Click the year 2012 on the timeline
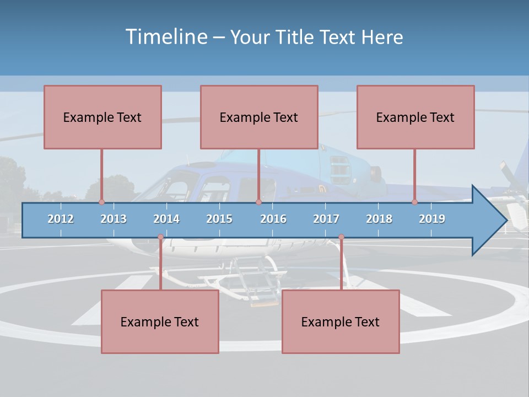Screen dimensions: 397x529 point(61,219)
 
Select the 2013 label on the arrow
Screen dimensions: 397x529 point(114,219)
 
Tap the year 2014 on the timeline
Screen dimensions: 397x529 point(166,219)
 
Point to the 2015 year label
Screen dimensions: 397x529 point(219,219)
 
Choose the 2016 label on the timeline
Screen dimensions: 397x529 point(273,219)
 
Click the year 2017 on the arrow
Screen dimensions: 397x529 point(326,219)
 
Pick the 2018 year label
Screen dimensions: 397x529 point(379,219)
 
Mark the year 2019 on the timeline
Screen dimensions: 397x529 point(432,219)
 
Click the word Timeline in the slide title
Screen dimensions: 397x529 point(165,37)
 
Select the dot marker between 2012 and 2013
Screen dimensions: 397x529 point(102,202)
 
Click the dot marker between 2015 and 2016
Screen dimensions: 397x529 point(258,202)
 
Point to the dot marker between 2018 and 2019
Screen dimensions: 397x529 point(415,202)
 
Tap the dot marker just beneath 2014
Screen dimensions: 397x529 point(160,237)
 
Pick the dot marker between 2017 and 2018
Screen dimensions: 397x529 point(341,237)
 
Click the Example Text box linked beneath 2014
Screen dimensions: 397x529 point(160,321)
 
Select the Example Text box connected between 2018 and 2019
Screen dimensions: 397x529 point(415,117)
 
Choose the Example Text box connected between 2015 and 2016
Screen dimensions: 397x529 point(259,117)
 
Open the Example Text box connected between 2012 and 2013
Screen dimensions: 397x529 point(102,117)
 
